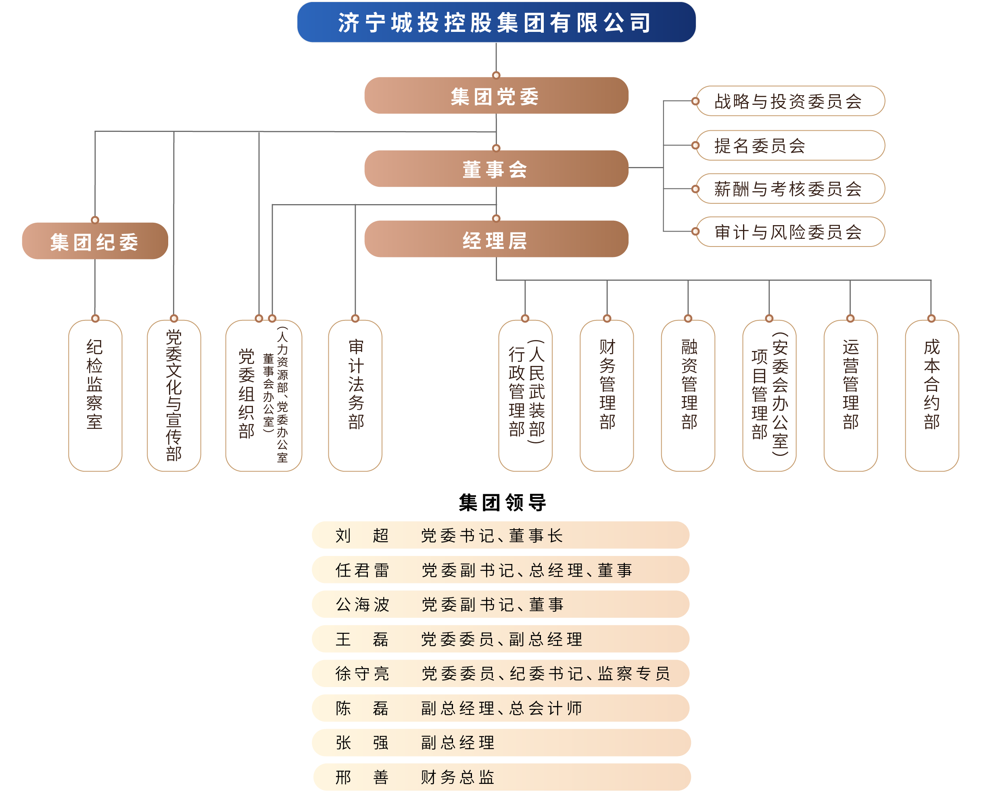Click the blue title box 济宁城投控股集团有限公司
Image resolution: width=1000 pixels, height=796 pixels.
pyautogui.click(x=496, y=22)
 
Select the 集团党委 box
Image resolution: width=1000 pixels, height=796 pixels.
pyautogui.click(x=496, y=96)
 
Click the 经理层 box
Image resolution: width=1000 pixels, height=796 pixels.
pyautogui.click(x=496, y=239)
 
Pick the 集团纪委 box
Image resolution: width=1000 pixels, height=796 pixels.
pyautogui.click(x=95, y=241)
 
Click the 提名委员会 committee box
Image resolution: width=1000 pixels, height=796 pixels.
pyautogui.click(x=790, y=145)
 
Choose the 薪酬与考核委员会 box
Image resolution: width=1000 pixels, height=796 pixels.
pyautogui.click(x=790, y=189)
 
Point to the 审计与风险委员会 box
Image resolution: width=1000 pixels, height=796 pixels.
pyautogui.click(x=790, y=232)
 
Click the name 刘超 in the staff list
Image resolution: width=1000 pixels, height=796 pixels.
pyautogui.click(x=362, y=535)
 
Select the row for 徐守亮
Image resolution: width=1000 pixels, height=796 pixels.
pyautogui.click(x=501, y=673)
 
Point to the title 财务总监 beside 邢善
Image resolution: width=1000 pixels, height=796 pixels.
pyautogui.click(x=457, y=777)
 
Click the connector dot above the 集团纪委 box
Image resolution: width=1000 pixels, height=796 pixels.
pyautogui.click(x=95, y=220)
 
